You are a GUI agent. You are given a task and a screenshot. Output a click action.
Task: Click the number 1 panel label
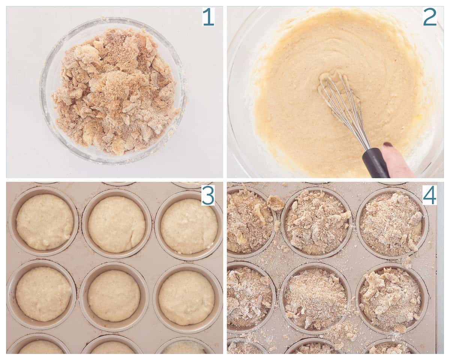[x=208, y=17]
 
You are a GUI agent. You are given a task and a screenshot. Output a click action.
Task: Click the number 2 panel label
[x=430, y=17]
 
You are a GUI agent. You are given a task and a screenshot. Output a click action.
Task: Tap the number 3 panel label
[x=208, y=195]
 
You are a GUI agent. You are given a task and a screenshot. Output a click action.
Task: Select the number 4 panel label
[x=430, y=195]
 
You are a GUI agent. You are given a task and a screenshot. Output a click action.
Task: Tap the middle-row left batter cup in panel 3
[x=43, y=294]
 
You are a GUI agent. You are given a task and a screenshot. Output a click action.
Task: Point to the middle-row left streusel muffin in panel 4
[x=247, y=296]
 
